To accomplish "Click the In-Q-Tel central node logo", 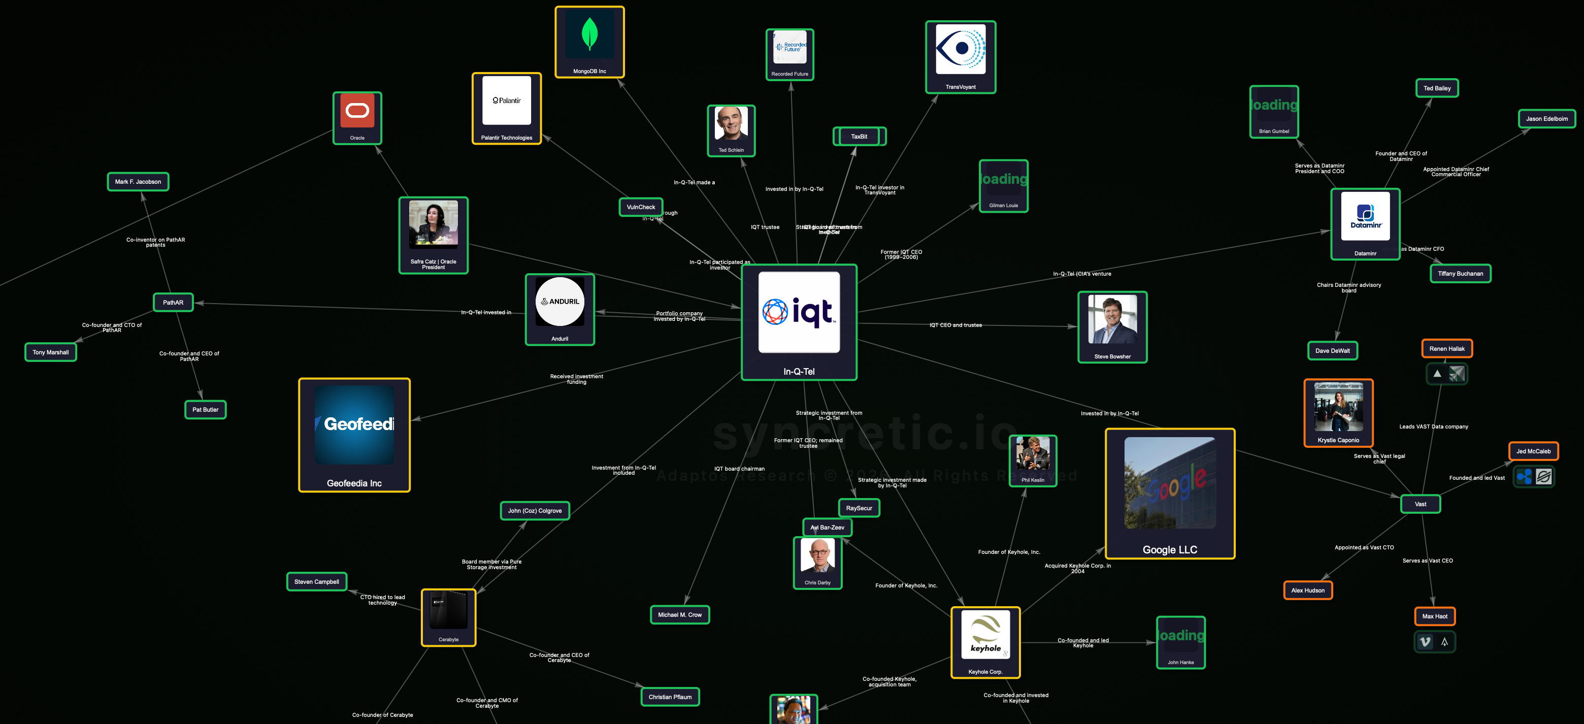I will click(799, 312).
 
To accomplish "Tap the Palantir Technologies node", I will click(506, 108).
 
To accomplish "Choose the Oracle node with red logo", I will click(357, 117).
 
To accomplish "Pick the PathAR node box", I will click(173, 302).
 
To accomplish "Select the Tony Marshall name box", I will click(50, 352).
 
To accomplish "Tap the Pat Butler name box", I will click(206, 410).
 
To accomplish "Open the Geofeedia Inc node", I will click(354, 434).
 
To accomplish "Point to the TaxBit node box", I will click(859, 137).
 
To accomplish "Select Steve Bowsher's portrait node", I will click(1112, 326).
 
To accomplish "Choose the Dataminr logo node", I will click(1365, 223).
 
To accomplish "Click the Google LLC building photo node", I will click(1170, 492).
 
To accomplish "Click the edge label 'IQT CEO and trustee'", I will click(955, 325).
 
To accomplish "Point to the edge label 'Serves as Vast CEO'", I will click(1427, 561).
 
